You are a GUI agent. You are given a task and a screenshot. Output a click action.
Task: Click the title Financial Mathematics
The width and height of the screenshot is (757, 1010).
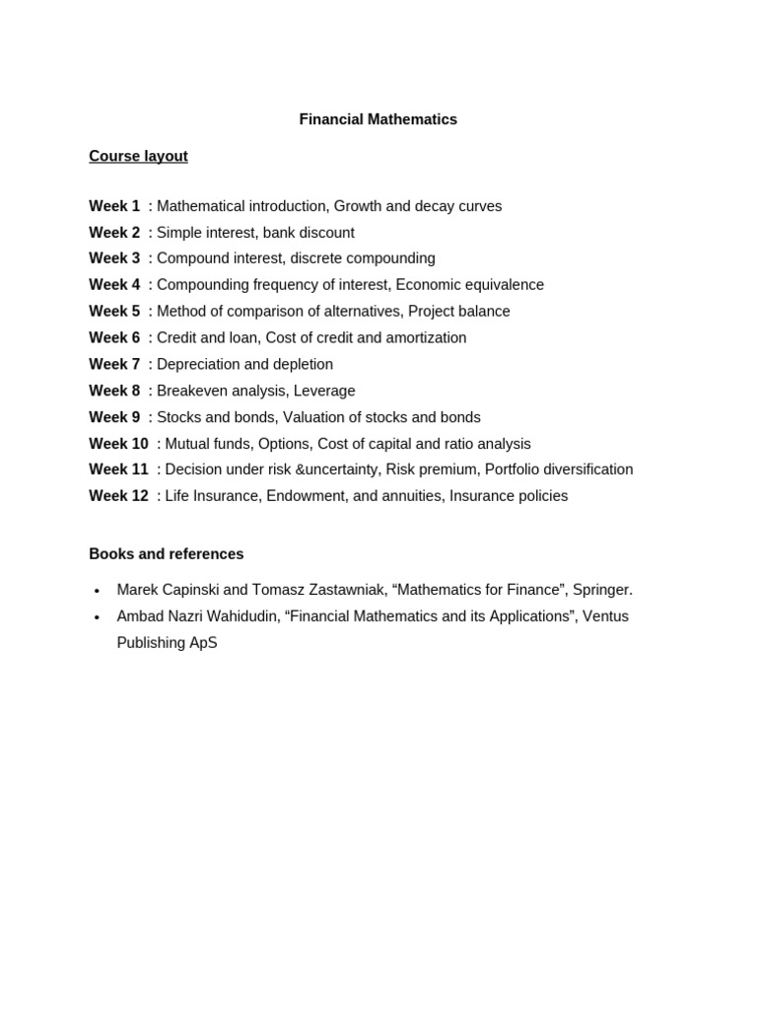[x=378, y=119]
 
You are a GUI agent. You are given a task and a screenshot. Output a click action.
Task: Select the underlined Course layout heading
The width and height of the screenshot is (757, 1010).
[x=138, y=156]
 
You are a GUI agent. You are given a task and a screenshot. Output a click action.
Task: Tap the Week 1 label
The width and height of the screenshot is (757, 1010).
[x=114, y=206]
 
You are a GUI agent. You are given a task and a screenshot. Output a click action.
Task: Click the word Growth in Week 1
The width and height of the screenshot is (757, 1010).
[x=357, y=206]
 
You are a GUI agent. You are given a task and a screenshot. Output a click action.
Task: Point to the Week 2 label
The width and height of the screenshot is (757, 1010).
[x=114, y=233]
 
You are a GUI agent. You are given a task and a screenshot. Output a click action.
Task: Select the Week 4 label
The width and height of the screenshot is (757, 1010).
[x=114, y=285]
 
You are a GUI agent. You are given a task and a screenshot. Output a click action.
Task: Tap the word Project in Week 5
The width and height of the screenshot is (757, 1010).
[x=434, y=312]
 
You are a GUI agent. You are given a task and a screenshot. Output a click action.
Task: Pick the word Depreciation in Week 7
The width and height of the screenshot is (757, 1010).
[x=199, y=364]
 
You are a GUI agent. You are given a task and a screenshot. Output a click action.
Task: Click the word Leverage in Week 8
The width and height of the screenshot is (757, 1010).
[x=324, y=391]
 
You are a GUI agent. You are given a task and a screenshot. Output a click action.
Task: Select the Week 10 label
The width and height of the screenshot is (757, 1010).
[x=118, y=444]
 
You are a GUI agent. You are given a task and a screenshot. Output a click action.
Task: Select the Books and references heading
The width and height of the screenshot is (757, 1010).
[x=166, y=554]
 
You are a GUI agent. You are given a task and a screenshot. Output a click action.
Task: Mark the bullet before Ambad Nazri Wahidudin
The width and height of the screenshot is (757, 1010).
[x=97, y=617]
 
